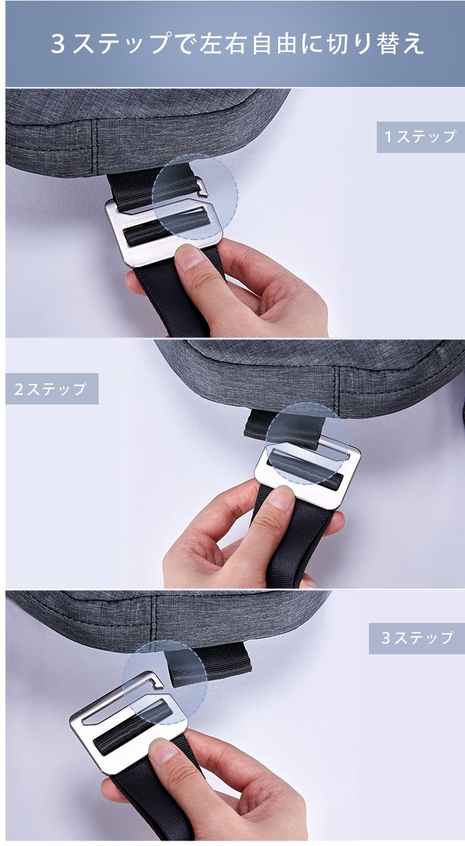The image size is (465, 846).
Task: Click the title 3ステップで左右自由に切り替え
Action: [x=237, y=44]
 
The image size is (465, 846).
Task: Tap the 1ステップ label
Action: [x=420, y=137]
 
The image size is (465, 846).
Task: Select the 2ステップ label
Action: [x=51, y=389]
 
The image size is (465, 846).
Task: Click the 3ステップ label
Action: [x=417, y=638]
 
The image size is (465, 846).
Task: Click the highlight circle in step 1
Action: [x=195, y=197]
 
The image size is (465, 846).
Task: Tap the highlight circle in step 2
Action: [x=307, y=443]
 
